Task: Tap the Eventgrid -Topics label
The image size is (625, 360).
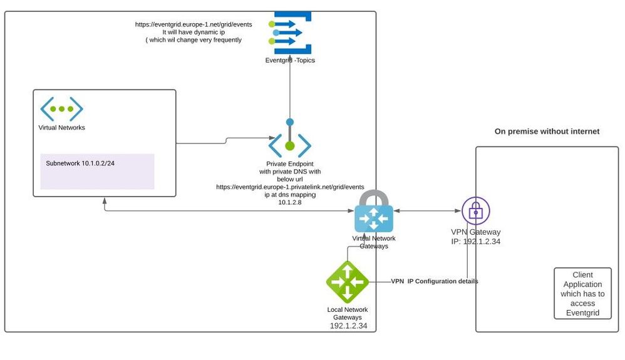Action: click(x=289, y=60)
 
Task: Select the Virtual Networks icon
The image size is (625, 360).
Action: click(x=62, y=109)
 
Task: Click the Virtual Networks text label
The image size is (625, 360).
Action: click(x=62, y=128)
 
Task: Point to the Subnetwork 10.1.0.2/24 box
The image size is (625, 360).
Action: click(x=97, y=171)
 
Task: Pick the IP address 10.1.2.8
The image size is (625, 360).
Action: click(x=289, y=202)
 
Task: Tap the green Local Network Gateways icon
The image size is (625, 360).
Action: click(x=347, y=282)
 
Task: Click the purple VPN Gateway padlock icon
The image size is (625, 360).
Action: click(x=475, y=212)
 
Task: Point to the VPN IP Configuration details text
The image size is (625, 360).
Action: click(x=434, y=282)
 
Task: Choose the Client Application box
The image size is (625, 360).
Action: click(x=582, y=294)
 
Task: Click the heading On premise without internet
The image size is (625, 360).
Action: click(x=547, y=131)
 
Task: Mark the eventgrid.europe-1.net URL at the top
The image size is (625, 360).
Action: click(x=194, y=24)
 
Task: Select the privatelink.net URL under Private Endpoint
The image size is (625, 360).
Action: click(x=289, y=187)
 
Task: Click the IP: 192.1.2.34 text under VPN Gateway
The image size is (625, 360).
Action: click(x=475, y=241)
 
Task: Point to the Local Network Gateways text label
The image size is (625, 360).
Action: click(x=348, y=314)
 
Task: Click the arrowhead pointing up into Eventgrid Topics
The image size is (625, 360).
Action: click(x=290, y=66)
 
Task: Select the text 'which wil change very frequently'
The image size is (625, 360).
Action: click(x=194, y=40)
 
